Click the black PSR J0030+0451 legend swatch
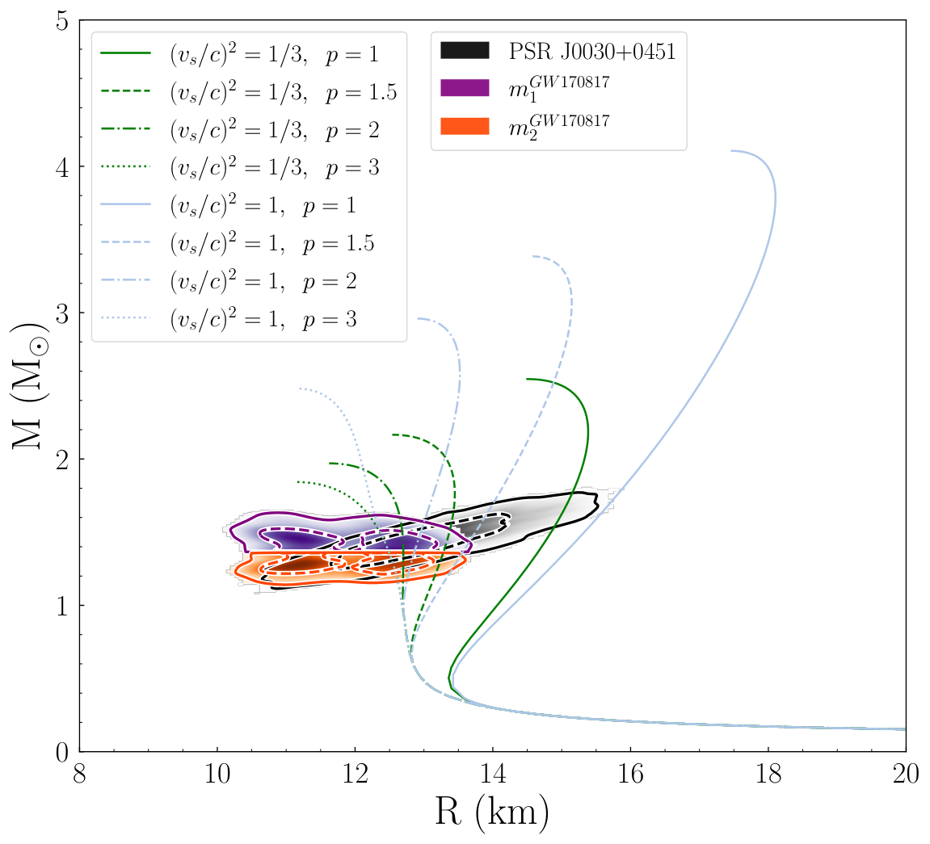[x=465, y=50]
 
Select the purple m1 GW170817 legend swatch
[x=465, y=88]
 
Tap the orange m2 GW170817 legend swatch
[x=465, y=126]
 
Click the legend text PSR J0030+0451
[x=592, y=52]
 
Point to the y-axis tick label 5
[x=62, y=21]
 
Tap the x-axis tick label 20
[x=906, y=774]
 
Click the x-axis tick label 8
[x=79, y=774]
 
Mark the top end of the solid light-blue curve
[x=731, y=151]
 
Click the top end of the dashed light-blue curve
[x=533, y=256]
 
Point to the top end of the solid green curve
[x=527, y=379]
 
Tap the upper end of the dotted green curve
[x=297, y=482]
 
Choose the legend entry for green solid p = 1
[x=240, y=55]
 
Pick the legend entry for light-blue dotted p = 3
[x=229, y=320]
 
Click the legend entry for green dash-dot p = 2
[x=240, y=130]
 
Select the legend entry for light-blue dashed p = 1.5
[x=238, y=244]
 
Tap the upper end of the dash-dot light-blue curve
[x=419, y=319]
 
